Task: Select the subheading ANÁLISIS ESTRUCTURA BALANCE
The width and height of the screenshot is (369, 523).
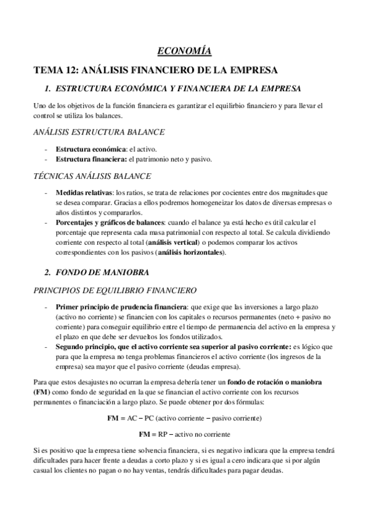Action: coord(98,131)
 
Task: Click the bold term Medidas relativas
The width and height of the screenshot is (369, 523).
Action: coord(84,193)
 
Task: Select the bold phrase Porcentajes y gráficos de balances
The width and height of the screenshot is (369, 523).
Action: coord(109,221)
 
